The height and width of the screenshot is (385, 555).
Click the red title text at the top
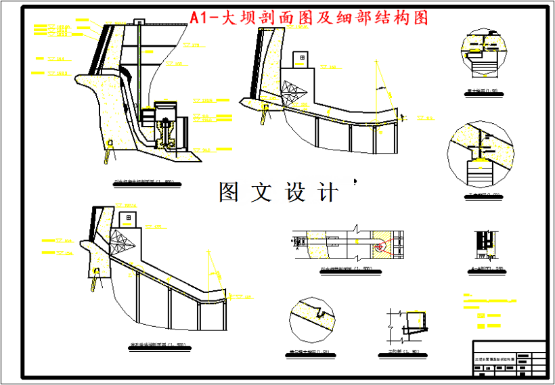coord(309,18)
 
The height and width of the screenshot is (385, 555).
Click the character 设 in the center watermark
coord(295,193)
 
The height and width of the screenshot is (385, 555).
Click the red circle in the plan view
coord(380,247)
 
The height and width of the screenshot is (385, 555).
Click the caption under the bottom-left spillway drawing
coord(157,346)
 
